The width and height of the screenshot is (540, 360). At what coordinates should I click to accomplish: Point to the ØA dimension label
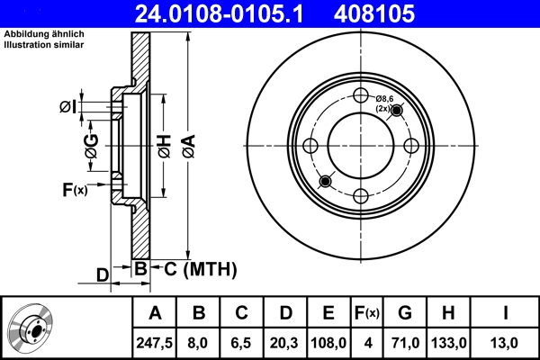coord(187,144)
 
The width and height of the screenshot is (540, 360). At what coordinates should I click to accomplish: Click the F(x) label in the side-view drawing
coord(75,190)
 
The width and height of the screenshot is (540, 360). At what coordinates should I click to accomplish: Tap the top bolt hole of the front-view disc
coord(361,97)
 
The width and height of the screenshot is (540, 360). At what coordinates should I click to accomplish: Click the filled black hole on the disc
coord(326,182)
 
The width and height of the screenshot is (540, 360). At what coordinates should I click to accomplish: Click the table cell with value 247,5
coord(155,341)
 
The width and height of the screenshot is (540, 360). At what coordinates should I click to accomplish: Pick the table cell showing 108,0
coord(328,341)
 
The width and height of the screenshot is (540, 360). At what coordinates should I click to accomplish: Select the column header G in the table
coord(405,313)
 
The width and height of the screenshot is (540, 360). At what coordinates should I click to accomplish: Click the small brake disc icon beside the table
coord(31,328)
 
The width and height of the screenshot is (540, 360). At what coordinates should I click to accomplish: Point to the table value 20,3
coord(284,341)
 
